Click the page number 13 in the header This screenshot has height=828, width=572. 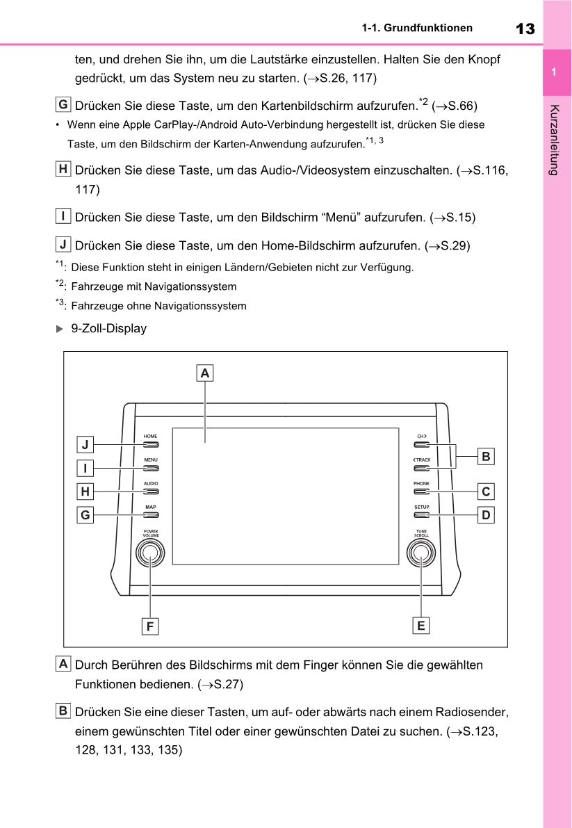(525, 29)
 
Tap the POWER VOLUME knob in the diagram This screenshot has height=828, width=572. (150, 553)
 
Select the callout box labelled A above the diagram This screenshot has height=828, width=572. (204, 373)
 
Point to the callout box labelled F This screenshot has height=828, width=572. (149, 626)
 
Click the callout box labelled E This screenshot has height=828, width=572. (420, 625)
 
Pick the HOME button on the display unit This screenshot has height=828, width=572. (151, 444)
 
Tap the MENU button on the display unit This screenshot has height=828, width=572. (151, 468)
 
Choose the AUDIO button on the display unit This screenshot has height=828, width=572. (151, 492)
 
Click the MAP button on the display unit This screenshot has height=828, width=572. (151, 515)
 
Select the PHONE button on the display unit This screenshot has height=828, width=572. (421, 492)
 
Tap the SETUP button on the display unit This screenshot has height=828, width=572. (421, 515)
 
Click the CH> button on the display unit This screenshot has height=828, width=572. (421, 444)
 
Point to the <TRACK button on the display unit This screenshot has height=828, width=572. (421, 468)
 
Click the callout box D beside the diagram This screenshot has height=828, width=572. (486, 515)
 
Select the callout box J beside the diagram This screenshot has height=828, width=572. (85, 444)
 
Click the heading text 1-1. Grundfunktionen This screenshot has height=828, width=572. (417, 29)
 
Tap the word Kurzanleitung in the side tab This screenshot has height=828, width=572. (554, 139)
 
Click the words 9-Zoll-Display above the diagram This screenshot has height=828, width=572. (108, 329)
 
